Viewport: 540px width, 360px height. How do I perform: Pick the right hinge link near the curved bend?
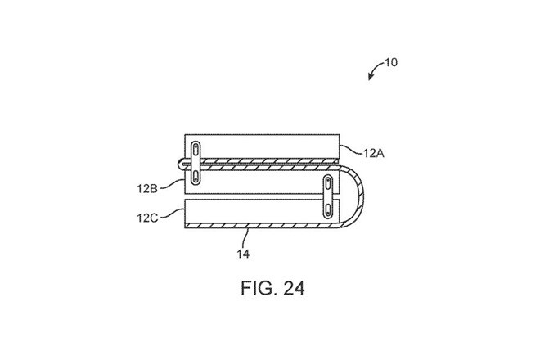click(x=326, y=197)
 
